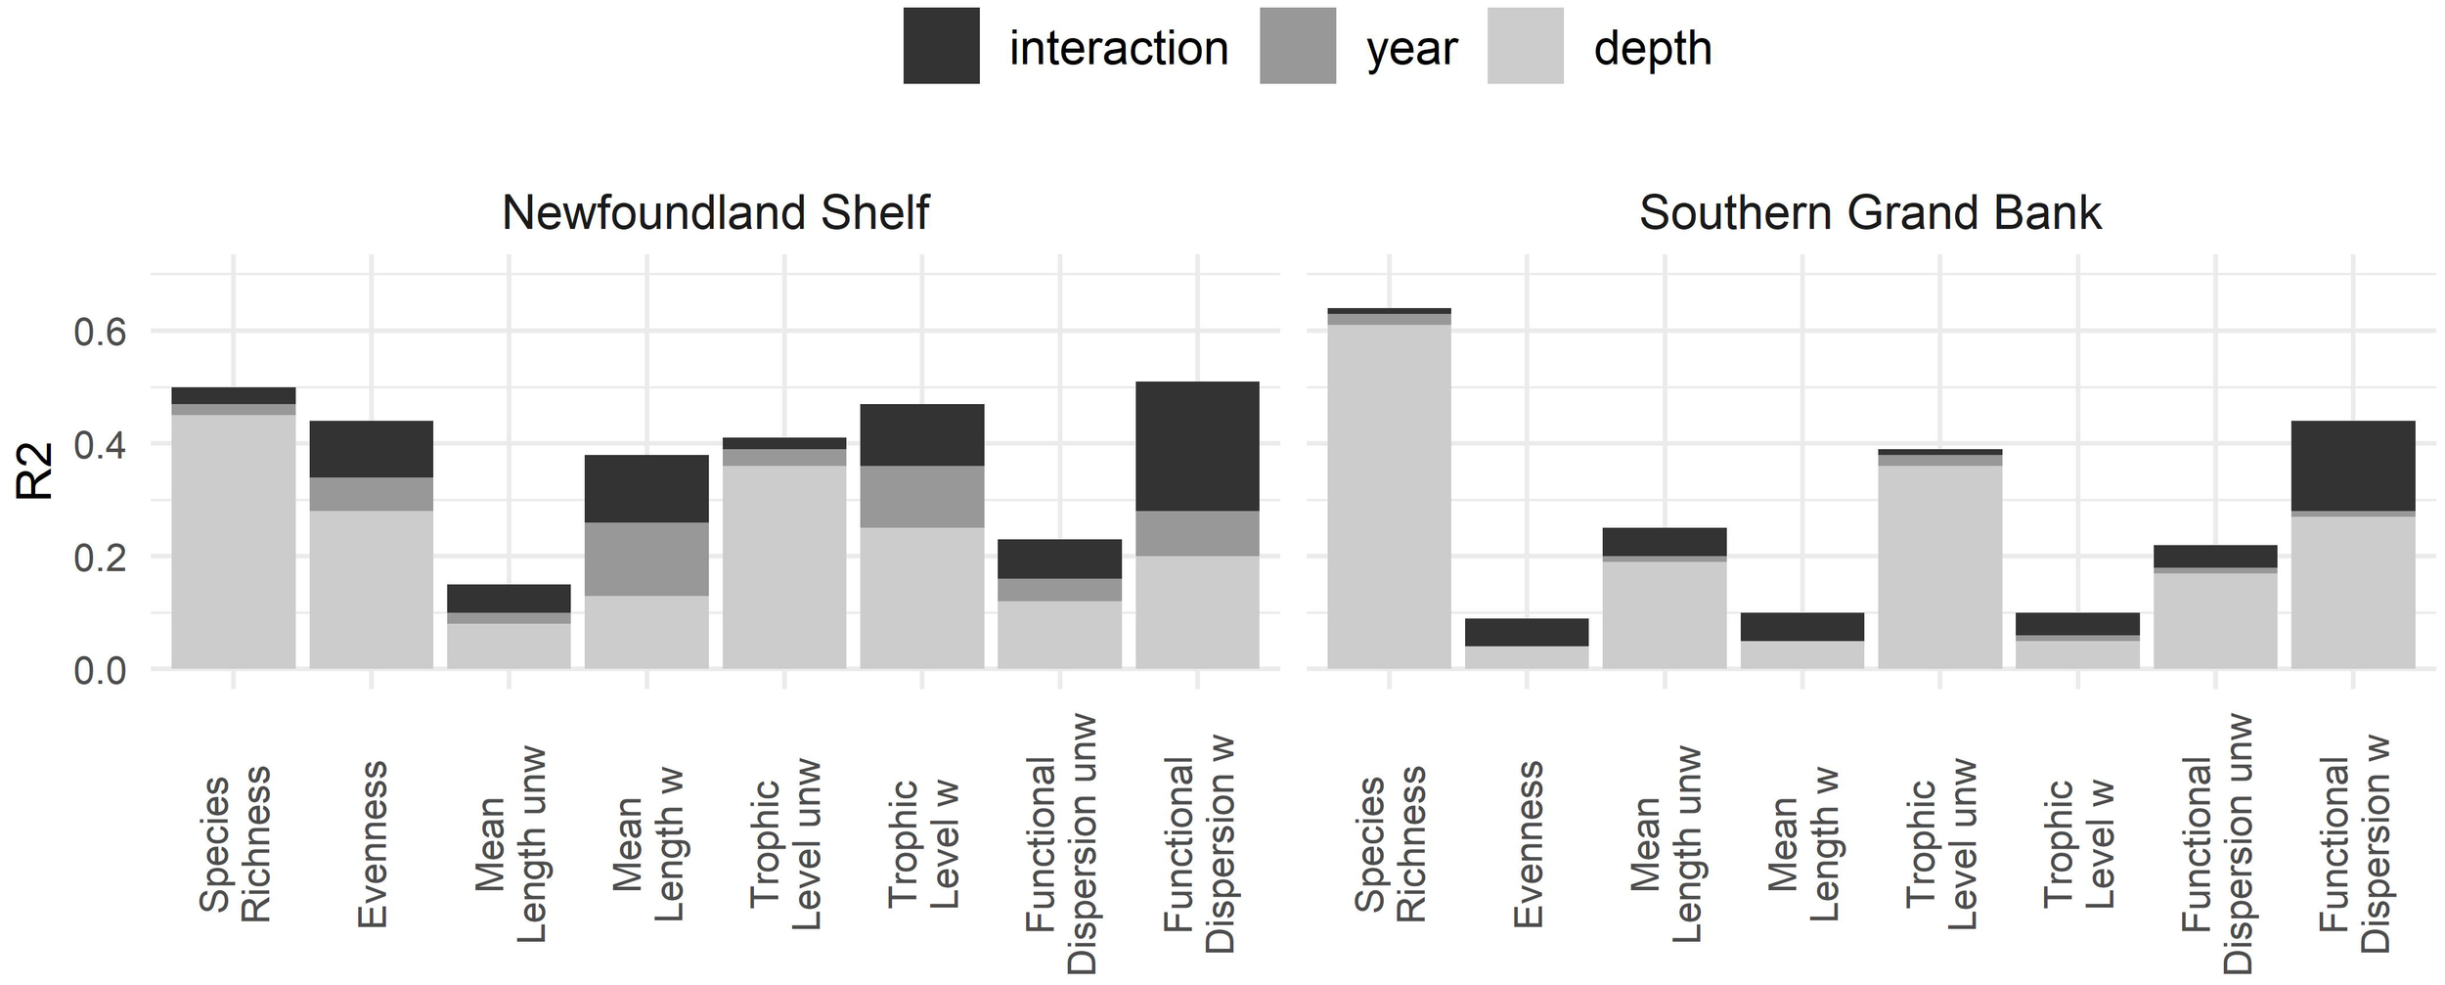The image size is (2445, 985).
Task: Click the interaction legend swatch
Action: tap(941, 46)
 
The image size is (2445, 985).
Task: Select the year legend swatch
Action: tap(1297, 46)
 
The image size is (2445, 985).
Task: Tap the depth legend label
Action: tap(1652, 48)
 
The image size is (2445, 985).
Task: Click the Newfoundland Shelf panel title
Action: tap(715, 213)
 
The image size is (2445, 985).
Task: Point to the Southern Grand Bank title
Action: tap(1870, 213)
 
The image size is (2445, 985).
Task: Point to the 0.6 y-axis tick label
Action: tap(100, 333)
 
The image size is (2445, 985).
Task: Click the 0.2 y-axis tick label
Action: tap(100, 558)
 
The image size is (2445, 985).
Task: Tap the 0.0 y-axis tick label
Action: tap(100, 671)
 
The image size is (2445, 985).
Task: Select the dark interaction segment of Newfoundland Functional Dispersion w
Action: tap(1197, 446)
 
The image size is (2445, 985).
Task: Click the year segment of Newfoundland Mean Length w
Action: tap(646, 559)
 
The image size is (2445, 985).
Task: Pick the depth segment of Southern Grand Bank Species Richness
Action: tap(1389, 496)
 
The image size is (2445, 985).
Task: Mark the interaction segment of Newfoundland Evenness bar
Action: tap(371, 449)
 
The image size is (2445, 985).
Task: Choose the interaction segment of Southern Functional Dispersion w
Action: tap(2353, 466)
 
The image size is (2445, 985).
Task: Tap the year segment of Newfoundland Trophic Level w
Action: tap(921, 497)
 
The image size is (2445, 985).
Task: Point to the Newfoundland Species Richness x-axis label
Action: tap(234, 845)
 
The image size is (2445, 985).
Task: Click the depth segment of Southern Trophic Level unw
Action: tap(1940, 567)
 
